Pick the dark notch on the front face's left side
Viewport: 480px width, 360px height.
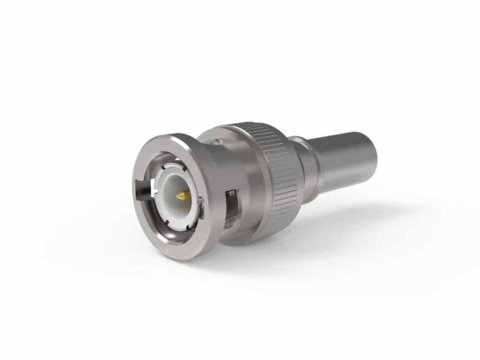click(x=142, y=191)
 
